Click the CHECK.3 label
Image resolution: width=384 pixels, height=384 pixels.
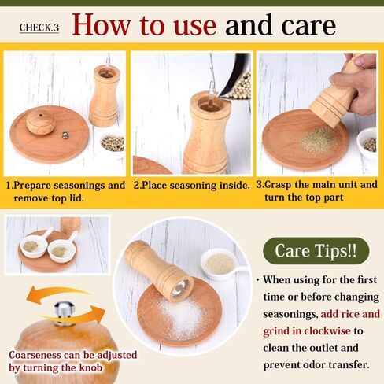coord(39,28)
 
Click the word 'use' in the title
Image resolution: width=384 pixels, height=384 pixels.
coord(195,25)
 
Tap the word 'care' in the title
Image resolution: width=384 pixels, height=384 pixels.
coord(308,26)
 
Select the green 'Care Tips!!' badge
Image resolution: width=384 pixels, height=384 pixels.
coord(316,250)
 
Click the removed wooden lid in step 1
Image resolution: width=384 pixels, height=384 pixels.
coord(41,122)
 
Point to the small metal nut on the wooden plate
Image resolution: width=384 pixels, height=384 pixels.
coord(65,135)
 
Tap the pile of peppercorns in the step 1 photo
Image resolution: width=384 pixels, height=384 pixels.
coord(113,143)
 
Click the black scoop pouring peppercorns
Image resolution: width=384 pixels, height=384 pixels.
coord(234,76)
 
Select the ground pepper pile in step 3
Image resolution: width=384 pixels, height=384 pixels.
coord(316,140)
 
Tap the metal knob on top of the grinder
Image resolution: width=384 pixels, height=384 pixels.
coord(65,313)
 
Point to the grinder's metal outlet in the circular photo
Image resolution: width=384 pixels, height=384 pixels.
coord(182,288)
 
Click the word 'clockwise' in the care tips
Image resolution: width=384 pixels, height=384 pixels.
coord(327,330)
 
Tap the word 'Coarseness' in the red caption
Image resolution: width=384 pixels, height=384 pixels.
coord(35,355)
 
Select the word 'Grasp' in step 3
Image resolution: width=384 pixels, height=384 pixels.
coord(278,185)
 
